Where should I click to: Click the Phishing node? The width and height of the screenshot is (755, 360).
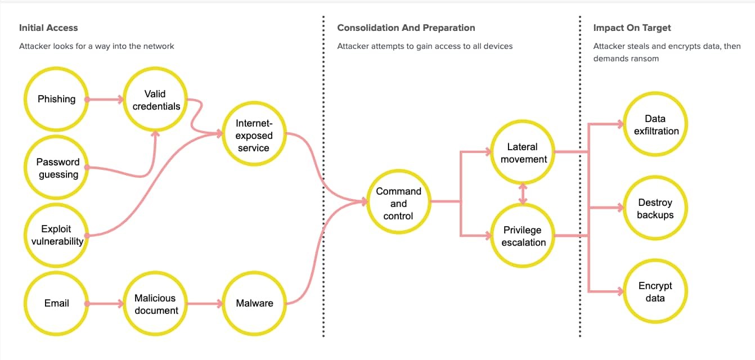(56, 100)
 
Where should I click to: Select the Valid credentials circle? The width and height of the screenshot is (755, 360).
(156, 100)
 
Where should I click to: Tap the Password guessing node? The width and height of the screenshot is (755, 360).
(57, 168)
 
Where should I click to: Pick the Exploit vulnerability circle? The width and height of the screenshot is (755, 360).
(56, 235)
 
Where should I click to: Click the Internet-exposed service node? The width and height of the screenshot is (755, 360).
(254, 136)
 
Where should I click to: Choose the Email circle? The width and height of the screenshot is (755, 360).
(56, 303)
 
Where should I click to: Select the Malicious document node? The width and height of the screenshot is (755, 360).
(156, 304)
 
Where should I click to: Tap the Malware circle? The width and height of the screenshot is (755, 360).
(254, 303)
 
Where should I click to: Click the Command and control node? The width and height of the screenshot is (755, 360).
(398, 204)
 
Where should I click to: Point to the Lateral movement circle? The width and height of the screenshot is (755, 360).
(523, 153)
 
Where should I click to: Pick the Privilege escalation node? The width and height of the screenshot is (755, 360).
(523, 236)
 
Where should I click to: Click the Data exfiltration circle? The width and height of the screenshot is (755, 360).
(655, 125)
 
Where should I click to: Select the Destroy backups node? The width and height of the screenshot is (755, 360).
(655, 208)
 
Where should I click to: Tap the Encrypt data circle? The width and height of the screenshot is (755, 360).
(655, 292)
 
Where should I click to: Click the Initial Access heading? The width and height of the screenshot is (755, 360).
(48, 28)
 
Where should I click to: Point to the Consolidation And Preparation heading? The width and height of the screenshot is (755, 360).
(406, 28)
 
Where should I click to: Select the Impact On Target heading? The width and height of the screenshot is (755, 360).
(632, 28)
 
